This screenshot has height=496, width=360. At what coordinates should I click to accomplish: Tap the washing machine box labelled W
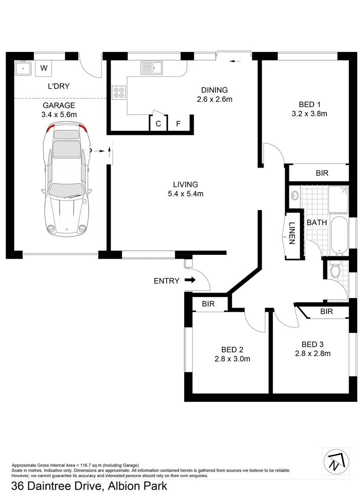[44, 68]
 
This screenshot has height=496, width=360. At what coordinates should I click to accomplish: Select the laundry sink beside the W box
[22, 69]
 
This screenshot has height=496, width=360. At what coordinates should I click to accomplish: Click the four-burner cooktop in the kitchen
[118, 93]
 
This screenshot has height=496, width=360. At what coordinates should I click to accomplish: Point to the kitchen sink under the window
[152, 68]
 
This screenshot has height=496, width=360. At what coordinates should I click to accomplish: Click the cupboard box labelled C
[158, 124]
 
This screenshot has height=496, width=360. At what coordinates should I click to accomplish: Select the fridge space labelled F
[179, 124]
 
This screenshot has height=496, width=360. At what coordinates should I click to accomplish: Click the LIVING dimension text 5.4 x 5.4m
[186, 194]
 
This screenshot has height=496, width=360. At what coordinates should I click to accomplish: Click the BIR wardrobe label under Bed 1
[322, 173]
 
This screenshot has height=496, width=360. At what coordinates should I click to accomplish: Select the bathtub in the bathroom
[340, 237]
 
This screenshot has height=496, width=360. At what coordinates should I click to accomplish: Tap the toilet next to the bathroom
[335, 271]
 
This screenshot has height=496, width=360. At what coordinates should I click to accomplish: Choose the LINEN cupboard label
[292, 233]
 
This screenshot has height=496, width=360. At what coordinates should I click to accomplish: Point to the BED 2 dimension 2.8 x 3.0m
[232, 359]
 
